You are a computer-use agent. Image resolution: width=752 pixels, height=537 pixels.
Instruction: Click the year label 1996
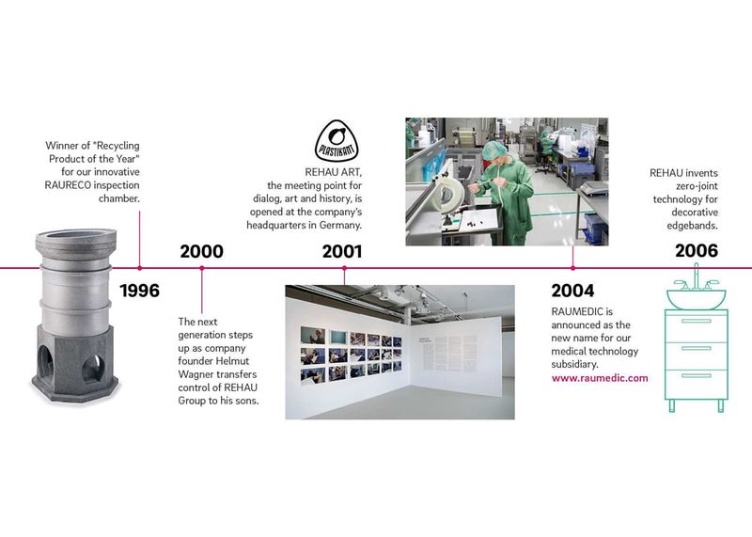(140, 290)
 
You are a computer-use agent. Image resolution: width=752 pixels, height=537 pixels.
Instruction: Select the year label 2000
(201, 251)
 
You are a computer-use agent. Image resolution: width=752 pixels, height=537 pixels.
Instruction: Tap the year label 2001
(344, 251)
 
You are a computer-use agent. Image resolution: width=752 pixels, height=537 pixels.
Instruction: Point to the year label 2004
(572, 290)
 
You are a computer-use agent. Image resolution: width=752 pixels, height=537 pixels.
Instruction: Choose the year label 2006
(696, 251)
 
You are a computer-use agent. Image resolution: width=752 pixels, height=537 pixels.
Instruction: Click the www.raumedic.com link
(600, 377)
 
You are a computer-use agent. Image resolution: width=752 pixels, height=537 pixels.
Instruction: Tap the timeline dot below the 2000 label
(201, 268)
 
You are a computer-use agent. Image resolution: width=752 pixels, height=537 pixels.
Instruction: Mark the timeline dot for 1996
(140, 268)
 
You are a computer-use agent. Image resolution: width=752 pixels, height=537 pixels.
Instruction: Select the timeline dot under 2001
(344, 268)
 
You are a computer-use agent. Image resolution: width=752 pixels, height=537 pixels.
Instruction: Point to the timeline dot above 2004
(572, 268)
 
